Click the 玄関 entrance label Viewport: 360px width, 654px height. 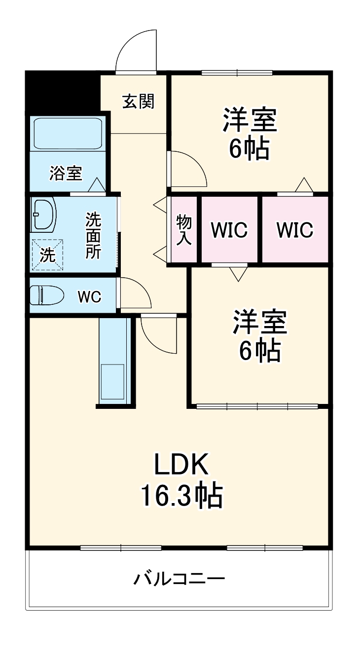(x=138, y=101)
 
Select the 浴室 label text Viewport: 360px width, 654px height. (x=66, y=173)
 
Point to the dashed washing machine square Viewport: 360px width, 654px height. (x=48, y=254)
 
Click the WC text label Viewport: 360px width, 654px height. (x=90, y=297)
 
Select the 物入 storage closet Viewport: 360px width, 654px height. (x=183, y=230)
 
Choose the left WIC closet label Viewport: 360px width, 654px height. (x=229, y=230)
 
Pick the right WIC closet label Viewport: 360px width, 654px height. (x=295, y=230)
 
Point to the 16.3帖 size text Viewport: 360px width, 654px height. (x=181, y=496)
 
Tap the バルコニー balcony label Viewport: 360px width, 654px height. (x=179, y=578)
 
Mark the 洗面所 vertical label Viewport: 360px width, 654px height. (x=93, y=235)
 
